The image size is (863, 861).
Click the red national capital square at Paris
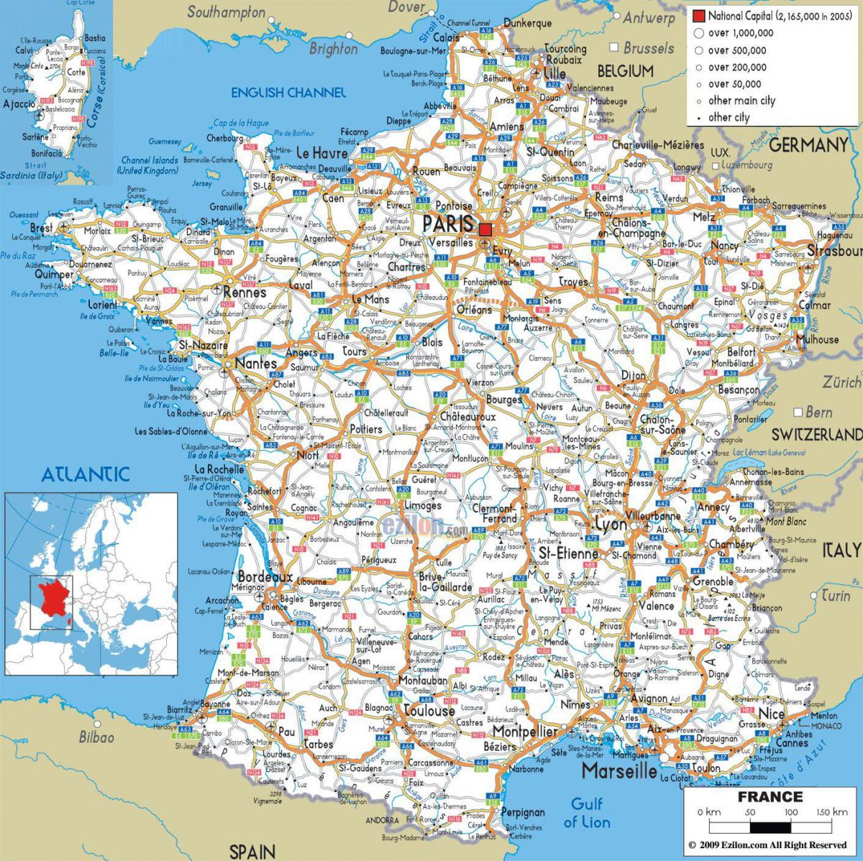point(485,229)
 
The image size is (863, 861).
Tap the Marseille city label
point(619,771)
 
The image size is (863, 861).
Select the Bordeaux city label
point(265,577)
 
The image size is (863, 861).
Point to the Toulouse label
point(429,711)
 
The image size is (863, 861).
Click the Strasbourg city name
point(834,252)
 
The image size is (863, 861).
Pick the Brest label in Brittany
point(41,228)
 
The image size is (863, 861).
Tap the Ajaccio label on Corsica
point(19,104)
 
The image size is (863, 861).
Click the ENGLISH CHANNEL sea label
point(288,93)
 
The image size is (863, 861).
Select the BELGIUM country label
point(625,71)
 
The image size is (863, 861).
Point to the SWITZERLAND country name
point(816,434)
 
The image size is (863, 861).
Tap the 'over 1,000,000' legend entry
point(740,33)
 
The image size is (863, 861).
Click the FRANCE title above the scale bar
point(770,797)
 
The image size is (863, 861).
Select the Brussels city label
point(648,48)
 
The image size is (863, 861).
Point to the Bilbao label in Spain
point(96,737)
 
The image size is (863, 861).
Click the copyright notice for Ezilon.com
point(767,844)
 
